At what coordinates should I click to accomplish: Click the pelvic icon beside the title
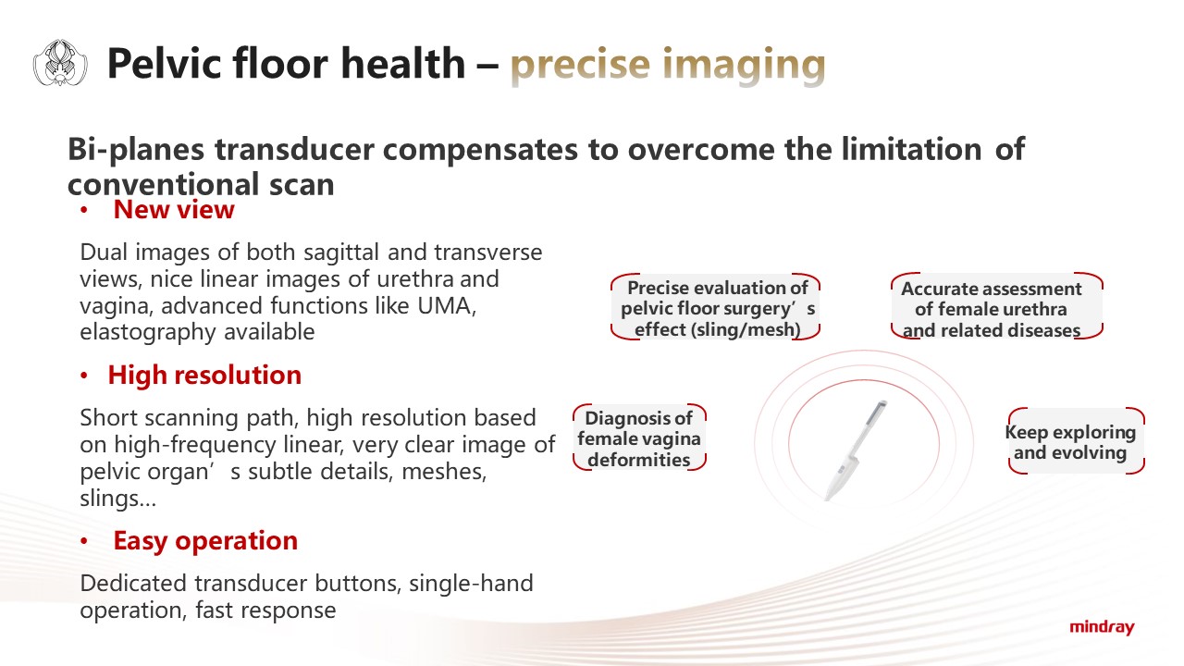click(x=60, y=62)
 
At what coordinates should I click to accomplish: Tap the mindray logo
click(x=1102, y=627)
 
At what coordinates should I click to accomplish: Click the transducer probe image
click(x=856, y=450)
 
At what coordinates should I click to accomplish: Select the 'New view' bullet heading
click(x=173, y=209)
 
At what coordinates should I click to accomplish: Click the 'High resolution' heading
click(x=204, y=375)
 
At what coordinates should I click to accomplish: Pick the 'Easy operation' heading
click(x=205, y=541)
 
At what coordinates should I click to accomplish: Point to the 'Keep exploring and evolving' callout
click(x=1076, y=441)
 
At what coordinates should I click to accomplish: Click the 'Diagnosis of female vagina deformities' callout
click(x=639, y=438)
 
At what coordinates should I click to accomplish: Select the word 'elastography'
click(x=148, y=332)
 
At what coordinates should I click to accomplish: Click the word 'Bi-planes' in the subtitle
click(x=136, y=150)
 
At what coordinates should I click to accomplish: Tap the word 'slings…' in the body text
click(x=117, y=498)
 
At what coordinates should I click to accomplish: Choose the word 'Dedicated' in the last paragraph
click(x=134, y=584)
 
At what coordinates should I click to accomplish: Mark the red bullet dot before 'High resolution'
click(x=83, y=376)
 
